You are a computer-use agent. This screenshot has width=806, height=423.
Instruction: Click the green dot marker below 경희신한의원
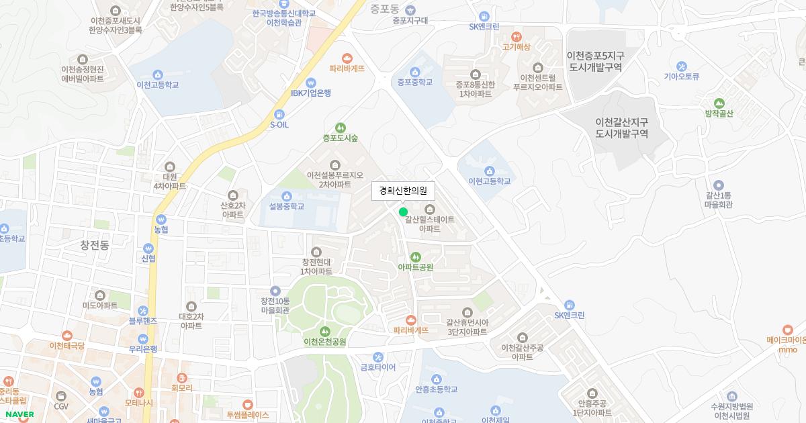pos(403,212)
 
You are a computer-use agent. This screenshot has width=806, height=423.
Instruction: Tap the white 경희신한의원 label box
pos(403,191)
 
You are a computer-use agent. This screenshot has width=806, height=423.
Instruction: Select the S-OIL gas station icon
pos(279,114)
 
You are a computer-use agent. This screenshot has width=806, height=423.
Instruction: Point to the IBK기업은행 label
pos(311,93)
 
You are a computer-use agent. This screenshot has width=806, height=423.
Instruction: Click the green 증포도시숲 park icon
pos(341,128)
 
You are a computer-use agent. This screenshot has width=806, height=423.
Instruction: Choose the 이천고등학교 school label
pos(158,85)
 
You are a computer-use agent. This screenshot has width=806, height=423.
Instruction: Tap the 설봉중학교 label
pos(287,206)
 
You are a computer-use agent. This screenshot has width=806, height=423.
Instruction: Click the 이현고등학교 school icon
pos(489,171)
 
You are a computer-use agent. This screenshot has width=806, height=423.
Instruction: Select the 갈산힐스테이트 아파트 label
pos(430,224)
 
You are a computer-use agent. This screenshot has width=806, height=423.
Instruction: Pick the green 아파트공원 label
pos(416,267)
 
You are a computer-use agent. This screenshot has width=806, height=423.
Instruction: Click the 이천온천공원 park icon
pos(325,331)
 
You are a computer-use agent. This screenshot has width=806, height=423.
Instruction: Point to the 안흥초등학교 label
pos(437,389)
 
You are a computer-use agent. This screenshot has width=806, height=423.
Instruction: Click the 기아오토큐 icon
pos(682,66)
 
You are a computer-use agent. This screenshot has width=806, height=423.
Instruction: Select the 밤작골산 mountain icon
pos(719,103)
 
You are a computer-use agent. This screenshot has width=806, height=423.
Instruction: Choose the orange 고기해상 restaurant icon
pos(516,36)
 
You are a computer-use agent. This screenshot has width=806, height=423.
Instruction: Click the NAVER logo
pos(19,414)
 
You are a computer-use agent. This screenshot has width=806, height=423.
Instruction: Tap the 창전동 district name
pos(95,245)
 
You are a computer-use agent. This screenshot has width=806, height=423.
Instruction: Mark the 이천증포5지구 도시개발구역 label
pos(595,61)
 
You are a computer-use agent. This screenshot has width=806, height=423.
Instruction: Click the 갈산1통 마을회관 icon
pos(718,185)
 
